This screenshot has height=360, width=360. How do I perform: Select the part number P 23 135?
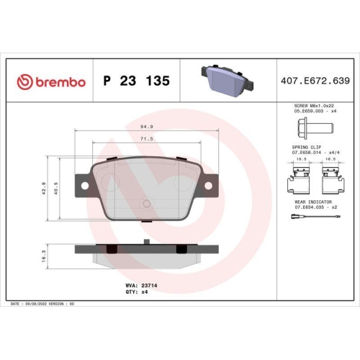click(x=137, y=81)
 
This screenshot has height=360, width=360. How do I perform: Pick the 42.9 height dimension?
click(x=45, y=189)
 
